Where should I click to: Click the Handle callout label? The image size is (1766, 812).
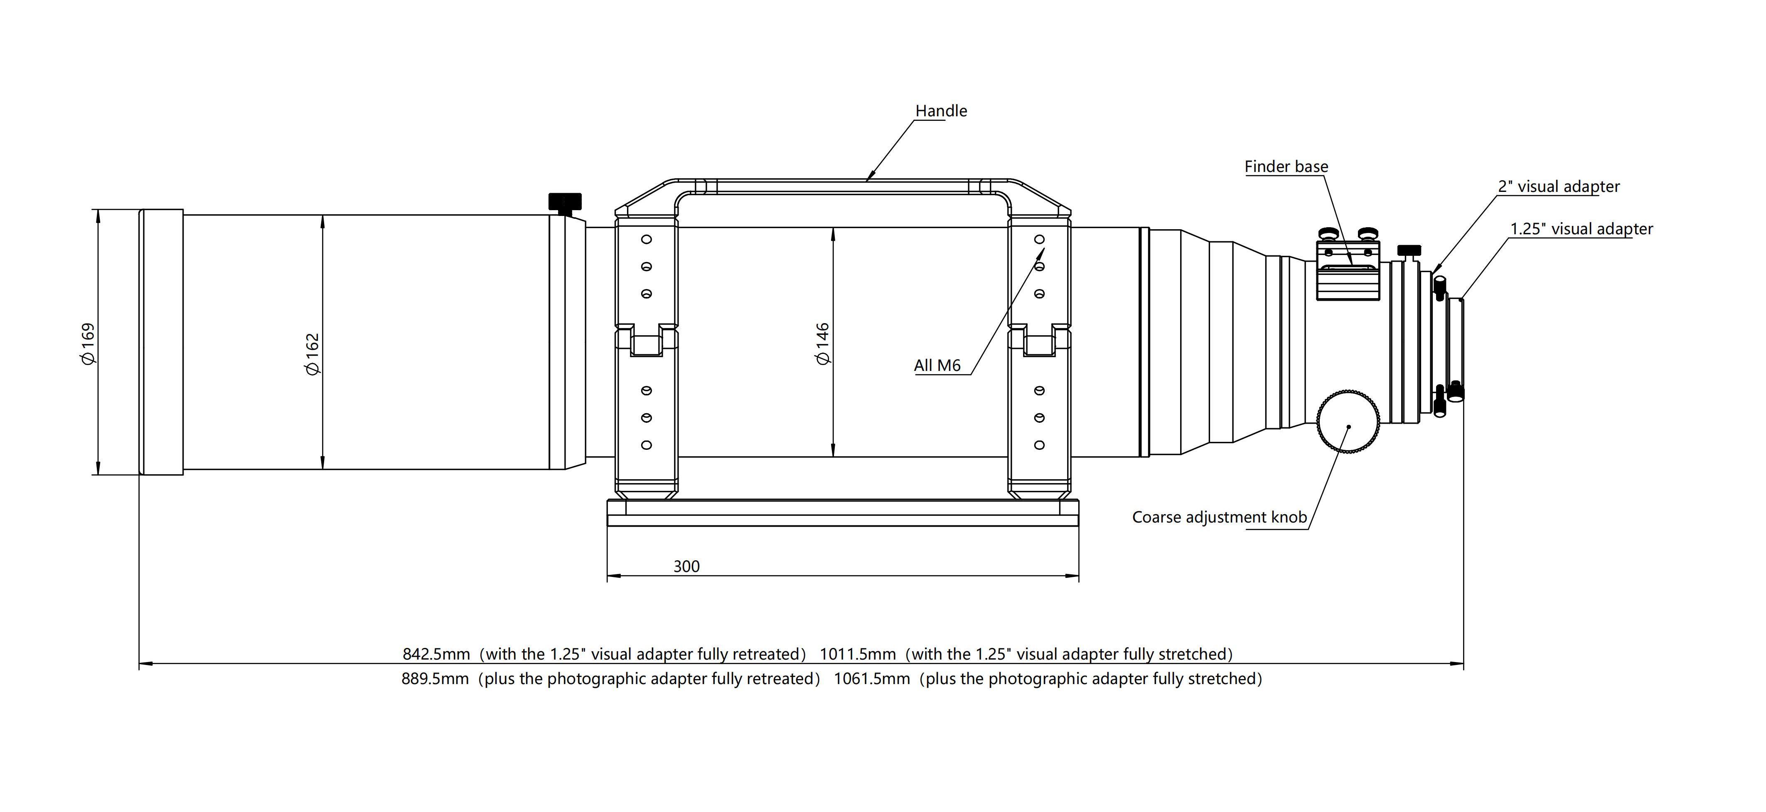coord(941,111)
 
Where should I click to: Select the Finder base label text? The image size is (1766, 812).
coord(1286,167)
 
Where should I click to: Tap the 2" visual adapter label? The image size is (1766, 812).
coord(1558,186)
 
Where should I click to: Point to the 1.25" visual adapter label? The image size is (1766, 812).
coord(1582,229)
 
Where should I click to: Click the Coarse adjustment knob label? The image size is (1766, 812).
coord(1220,518)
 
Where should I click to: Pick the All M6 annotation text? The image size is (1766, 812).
coord(937,365)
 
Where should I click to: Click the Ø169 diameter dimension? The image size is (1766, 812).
coord(89,343)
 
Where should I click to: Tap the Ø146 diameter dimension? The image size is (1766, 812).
coord(823,343)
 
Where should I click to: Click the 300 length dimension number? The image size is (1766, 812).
coord(686,566)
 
